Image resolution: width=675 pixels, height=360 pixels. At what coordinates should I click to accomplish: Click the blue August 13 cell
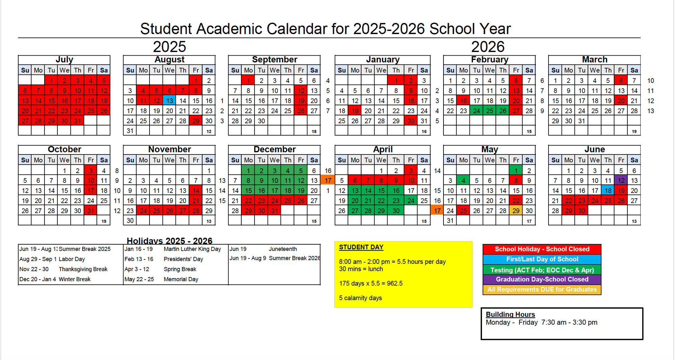point(169,101)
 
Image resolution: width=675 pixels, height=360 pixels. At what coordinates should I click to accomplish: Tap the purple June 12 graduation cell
point(621,181)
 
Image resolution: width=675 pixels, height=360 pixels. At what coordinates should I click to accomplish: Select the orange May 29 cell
point(516,211)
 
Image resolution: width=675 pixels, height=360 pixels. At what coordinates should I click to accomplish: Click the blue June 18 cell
point(608,191)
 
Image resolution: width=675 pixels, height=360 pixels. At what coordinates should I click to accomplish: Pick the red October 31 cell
point(90,211)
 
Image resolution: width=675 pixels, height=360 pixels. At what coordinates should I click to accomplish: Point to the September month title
point(274,60)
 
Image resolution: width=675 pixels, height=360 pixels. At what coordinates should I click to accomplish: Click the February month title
point(489,60)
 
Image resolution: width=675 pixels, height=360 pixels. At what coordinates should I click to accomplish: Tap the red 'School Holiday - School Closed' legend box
point(542,249)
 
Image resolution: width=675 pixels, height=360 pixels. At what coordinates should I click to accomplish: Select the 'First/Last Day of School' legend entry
point(542,259)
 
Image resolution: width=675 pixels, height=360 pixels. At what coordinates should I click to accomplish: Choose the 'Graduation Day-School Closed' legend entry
point(542,279)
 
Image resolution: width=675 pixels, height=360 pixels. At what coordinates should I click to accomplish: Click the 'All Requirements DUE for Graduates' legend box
point(542,289)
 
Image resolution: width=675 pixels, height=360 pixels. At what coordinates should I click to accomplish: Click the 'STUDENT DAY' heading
point(361,247)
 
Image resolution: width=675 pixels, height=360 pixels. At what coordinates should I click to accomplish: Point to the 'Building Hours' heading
point(510,314)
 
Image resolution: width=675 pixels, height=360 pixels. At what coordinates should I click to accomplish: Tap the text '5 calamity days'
point(360,298)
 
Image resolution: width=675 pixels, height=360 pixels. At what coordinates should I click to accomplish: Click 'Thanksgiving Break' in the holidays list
point(83,269)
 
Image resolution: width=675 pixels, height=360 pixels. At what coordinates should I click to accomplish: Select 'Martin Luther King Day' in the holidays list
point(192,249)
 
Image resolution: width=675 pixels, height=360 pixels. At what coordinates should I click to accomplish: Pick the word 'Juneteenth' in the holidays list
point(283,249)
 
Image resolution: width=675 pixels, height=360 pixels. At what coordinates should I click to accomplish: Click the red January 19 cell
point(355,111)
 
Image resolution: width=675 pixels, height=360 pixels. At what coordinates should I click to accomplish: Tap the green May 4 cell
point(463,181)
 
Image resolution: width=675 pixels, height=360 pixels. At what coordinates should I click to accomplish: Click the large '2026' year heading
point(488,47)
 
